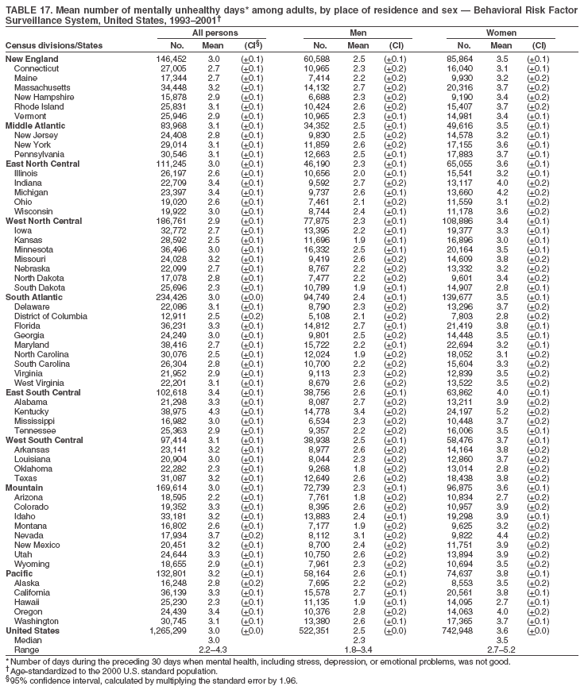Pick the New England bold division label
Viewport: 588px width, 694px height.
click(32, 59)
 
